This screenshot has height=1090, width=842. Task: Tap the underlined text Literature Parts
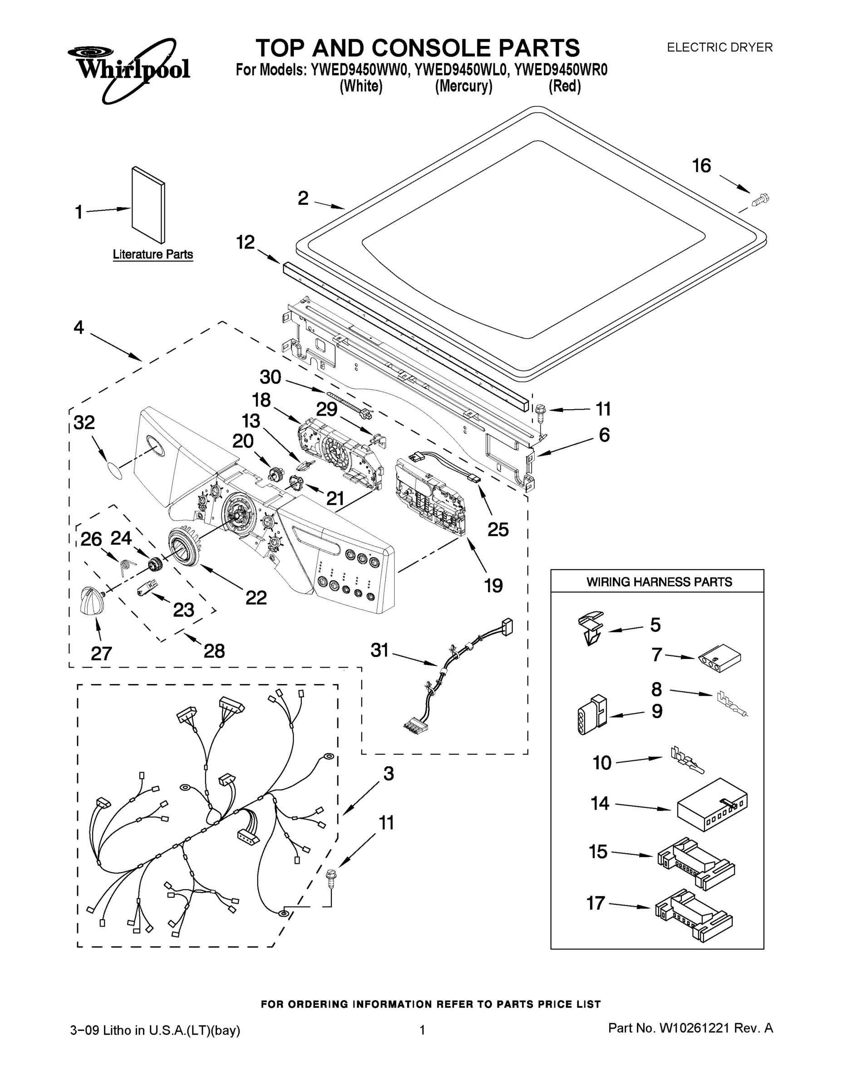coord(153,254)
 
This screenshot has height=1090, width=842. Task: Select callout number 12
coord(245,243)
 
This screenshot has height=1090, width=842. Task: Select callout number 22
coord(256,597)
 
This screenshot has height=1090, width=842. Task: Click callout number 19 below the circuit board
coord(493,585)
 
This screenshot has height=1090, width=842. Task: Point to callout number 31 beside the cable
coord(379,650)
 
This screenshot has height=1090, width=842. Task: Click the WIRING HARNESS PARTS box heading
coord(659,582)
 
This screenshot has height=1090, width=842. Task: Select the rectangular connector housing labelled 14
coord(712,804)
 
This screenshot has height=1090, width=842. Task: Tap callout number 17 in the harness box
coord(596,903)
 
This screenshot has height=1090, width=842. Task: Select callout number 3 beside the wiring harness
coord(389,773)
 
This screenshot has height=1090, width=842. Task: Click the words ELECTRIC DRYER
coord(719,47)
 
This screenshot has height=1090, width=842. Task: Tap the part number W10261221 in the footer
coord(694,1028)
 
